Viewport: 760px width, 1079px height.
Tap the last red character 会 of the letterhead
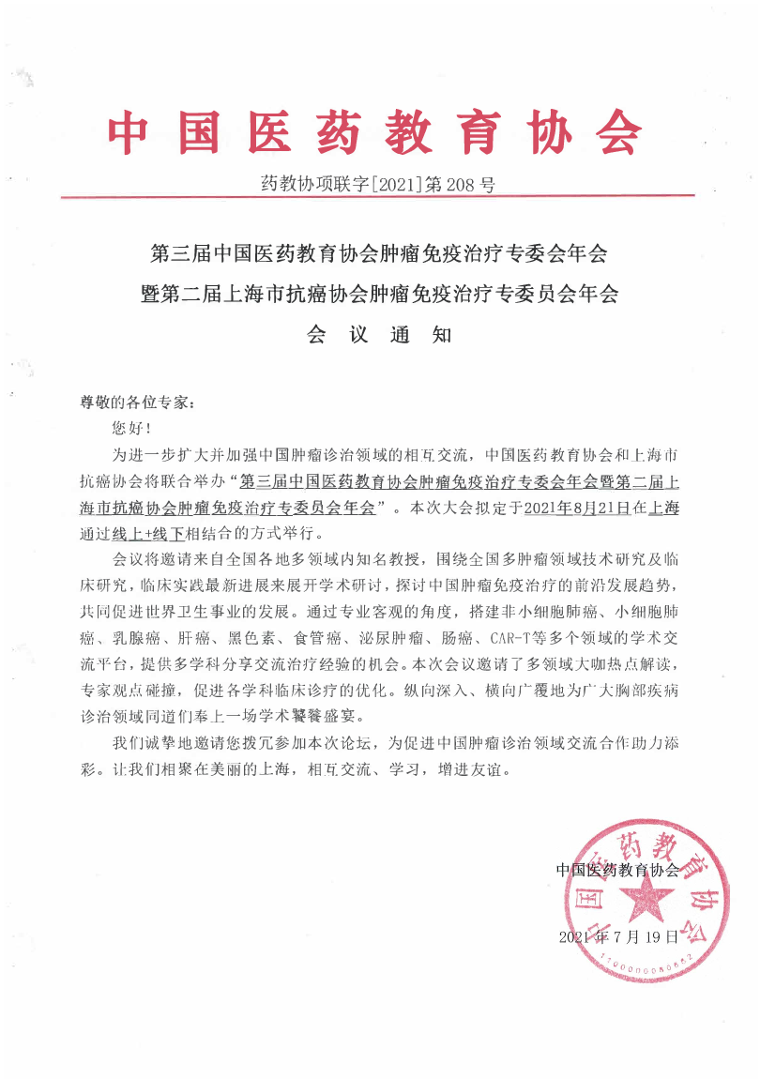pyautogui.click(x=613, y=133)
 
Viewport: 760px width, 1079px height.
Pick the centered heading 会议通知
pyautogui.click(x=379, y=335)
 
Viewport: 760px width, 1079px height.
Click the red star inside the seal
pyautogui.click(x=646, y=904)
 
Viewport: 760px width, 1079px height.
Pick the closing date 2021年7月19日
pyautogui.click(x=617, y=937)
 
